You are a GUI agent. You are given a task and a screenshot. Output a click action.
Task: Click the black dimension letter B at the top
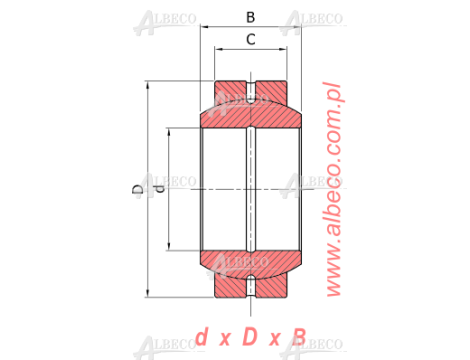(251, 17)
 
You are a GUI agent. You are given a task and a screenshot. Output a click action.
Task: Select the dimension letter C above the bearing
(251, 39)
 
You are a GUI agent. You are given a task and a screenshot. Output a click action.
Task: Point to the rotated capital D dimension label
(138, 189)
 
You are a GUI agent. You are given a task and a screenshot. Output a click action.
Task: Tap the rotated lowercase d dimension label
(160, 189)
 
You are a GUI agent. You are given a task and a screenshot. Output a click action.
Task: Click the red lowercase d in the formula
(201, 337)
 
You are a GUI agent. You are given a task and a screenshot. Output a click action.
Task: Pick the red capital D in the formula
(250, 336)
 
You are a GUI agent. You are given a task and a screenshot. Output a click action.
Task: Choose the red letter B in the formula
(299, 337)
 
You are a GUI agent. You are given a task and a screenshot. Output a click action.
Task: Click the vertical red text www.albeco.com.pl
(333, 189)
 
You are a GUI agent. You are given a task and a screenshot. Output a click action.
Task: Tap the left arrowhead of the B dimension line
(204, 27)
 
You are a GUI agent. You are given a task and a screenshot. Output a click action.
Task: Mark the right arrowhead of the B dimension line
(297, 27)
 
